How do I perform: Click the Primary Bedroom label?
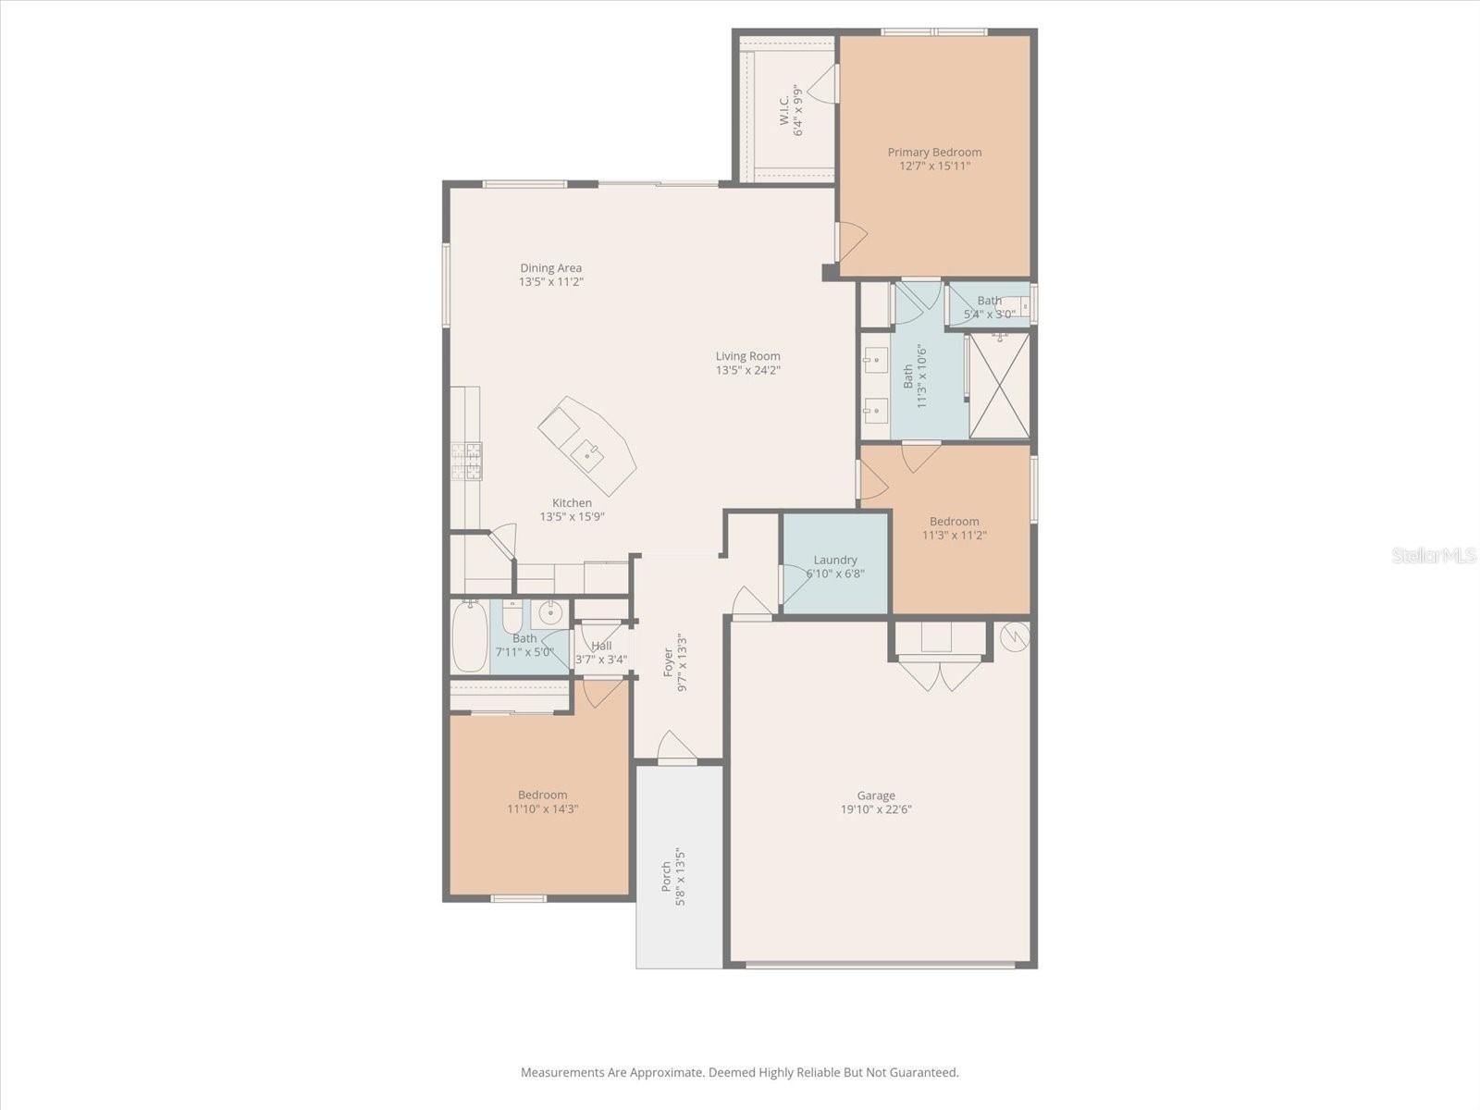click(934, 153)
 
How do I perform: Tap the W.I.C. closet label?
click(783, 110)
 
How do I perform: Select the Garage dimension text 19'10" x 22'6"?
click(876, 809)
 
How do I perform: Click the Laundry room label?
click(834, 560)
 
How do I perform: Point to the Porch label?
click(666, 876)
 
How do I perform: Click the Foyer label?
click(668, 662)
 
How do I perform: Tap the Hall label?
click(601, 646)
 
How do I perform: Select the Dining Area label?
click(551, 267)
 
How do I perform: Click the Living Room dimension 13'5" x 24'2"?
click(747, 370)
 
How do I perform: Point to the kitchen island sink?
click(588, 456)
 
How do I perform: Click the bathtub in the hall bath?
click(469, 637)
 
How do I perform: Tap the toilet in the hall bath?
click(512, 613)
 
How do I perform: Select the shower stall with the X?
click(999, 386)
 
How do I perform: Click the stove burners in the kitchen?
click(466, 461)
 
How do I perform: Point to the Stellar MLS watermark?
click(1433, 555)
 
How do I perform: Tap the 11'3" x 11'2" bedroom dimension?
click(954, 536)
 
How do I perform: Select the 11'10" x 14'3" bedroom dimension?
click(543, 808)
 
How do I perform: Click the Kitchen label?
click(572, 503)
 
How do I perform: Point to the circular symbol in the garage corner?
click(1014, 636)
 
